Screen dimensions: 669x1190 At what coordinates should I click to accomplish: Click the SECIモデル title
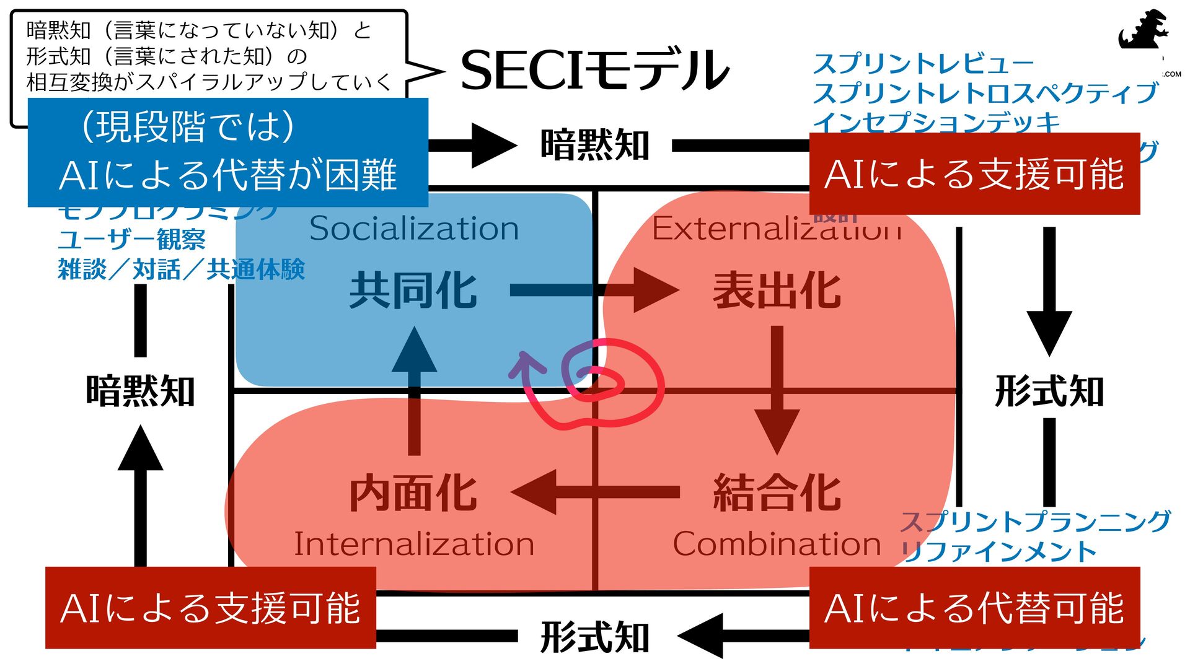[594, 70]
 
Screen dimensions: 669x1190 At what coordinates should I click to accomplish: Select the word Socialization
[414, 229]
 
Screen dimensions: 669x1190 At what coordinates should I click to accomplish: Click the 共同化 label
[413, 291]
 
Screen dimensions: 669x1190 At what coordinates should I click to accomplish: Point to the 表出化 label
[777, 291]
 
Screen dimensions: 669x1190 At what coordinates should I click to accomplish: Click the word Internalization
[414, 544]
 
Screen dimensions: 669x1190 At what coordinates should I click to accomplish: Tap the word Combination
[777, 544]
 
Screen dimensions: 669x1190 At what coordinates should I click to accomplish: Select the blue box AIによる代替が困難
[227, 152]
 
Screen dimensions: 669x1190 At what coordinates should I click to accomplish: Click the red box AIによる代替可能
[974, 608]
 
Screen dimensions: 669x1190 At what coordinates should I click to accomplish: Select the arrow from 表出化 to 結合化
[777, 390]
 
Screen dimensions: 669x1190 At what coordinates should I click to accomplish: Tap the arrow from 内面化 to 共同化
[414, 390]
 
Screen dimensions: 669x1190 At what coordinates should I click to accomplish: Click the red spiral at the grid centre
[610, 381]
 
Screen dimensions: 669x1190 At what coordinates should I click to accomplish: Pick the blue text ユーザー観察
[131, 239]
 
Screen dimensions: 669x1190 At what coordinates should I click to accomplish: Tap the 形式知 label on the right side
[1049, 391]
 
